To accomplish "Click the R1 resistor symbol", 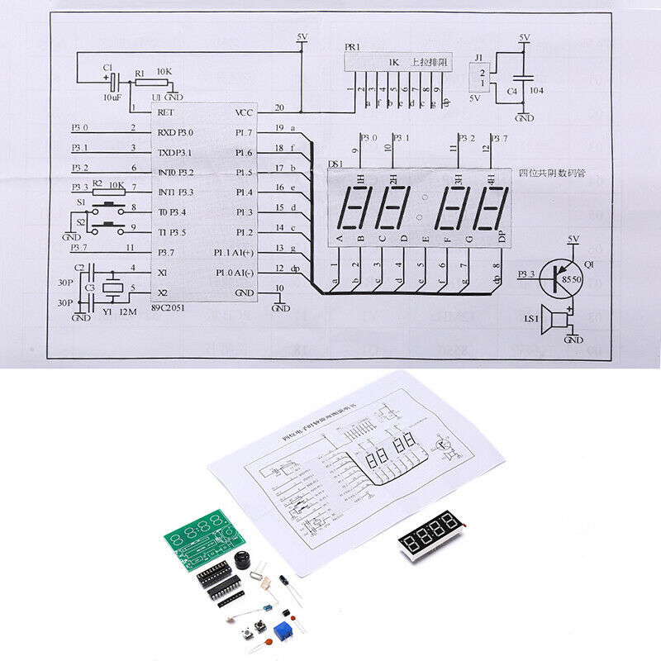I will tap(150, 82).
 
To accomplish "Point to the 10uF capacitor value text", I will tap(113, 97).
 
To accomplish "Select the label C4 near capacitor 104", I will tap(511, 92).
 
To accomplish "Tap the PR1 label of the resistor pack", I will tap(352, 49).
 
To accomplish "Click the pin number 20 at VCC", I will tap(278, 108).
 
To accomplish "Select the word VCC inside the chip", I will tap(245, 112).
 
